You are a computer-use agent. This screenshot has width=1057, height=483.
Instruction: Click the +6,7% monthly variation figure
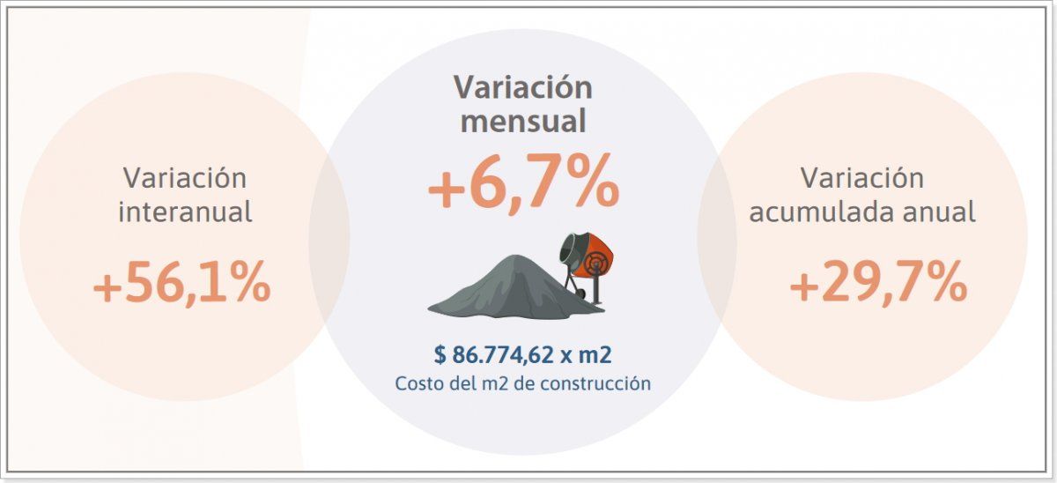tap(523, 184)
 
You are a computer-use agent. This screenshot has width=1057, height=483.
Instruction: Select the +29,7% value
tap(878, 285)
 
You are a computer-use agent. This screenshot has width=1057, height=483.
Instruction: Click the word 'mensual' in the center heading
tap(523, 121)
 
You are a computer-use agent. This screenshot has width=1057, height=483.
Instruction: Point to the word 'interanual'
tap(185, 212)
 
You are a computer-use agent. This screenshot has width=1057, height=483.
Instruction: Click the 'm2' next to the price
tap(595, 355)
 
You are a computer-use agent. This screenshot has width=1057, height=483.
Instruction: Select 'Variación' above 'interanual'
tap(185, 177)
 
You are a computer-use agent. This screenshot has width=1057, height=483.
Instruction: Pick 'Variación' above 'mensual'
tap(523, 87)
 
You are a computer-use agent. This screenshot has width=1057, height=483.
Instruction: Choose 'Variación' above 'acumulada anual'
tap(862, 177)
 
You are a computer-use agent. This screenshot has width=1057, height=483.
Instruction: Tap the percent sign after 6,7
tap(588, 184)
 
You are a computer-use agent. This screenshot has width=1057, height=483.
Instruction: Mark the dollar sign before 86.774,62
tap(440, 355)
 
